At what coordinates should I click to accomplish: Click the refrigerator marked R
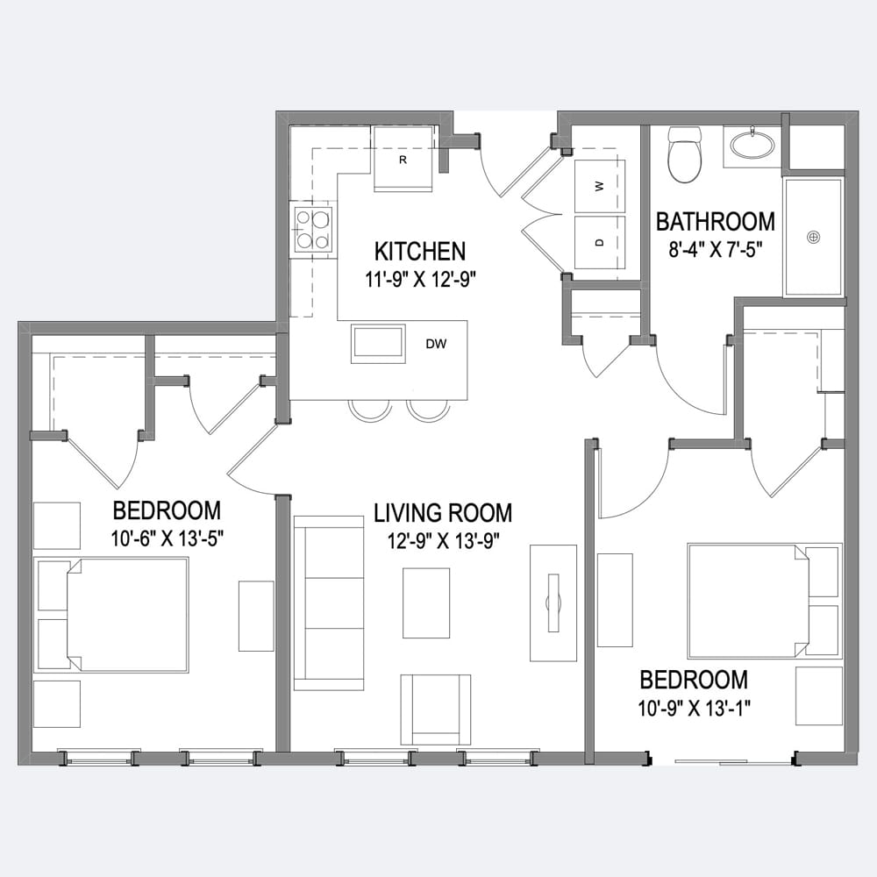[403, 159]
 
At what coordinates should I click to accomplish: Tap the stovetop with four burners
[313, 228]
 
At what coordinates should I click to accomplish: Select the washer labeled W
[600, 186]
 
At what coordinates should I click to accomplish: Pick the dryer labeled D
[600, 243]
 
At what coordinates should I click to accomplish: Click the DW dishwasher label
[436, 344]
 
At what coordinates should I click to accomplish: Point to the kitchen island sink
[379, 344]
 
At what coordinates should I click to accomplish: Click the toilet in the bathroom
[685, 154]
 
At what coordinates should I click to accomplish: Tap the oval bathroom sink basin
[752, 145]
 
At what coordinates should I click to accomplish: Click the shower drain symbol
[814, 237]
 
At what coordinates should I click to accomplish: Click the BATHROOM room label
[716, 222]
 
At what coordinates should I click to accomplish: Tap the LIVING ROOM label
[443, 513]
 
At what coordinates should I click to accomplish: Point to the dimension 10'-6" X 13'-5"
[168, 538]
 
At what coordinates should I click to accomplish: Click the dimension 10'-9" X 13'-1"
[694, 708]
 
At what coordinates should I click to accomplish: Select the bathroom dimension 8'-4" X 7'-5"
[716, 249]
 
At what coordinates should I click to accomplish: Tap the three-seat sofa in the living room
[329, 603]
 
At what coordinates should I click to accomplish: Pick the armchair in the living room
[436, 709]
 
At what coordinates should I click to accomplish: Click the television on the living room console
[553, 602]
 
